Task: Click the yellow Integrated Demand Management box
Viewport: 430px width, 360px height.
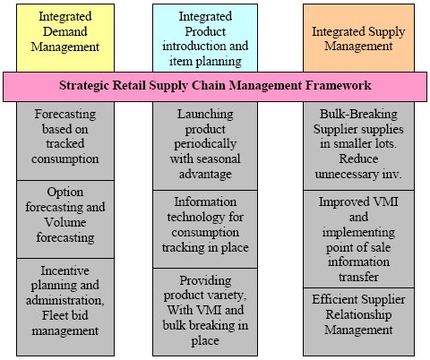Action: click(65, 38)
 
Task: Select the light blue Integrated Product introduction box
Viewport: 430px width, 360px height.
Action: click(205, 38)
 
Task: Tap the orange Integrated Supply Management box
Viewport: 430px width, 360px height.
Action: click(358, 38)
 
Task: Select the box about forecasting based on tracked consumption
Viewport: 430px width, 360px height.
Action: click(65, 141)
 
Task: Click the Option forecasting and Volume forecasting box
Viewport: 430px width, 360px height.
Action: click(65, 219)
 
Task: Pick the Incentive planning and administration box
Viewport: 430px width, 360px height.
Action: click(65, 307)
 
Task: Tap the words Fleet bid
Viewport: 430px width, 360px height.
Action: click(65, 315)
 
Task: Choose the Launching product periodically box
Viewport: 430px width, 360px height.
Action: click(205, 146)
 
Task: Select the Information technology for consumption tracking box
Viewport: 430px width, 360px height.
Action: click(205, 229)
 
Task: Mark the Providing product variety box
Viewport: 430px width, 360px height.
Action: click(205, 312)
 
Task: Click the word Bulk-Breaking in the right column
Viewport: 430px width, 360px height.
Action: click(358, 114)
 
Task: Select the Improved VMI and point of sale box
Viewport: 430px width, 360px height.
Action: click(358, 239)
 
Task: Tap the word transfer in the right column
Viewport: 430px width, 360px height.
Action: click(358, 277)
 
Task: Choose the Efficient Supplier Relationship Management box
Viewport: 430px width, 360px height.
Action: click(358, 321)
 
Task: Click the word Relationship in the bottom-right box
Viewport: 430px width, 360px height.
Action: click(358, 314)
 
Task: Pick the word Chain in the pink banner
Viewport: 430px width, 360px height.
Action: click(209, 86)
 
